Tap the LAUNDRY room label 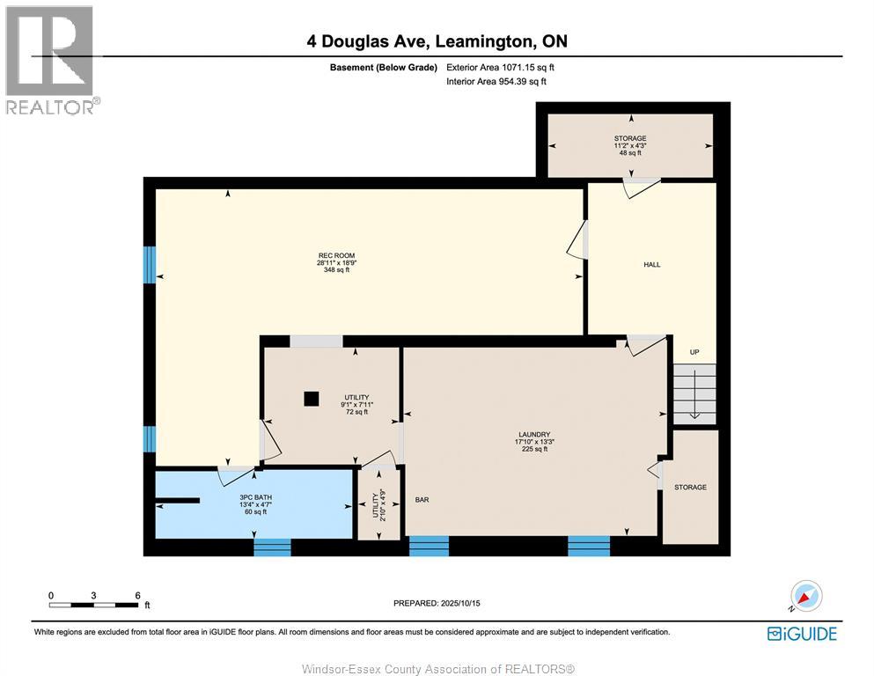(x=533, y=434)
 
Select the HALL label (x=651, y=264)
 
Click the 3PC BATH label (x=253, y=496)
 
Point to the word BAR (x=422, y=500)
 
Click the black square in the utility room (x=311, y=399)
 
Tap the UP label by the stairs (x=694, y=352)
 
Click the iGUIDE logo (x=801, y=633)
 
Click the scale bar (x=94, y=605)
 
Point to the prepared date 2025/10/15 (x=437, y=603)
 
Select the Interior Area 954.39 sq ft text (x=496, y=81)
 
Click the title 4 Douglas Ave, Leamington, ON (x=437, y=41)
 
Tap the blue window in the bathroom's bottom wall (x=272, y=547)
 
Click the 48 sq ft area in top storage (x=629, y=153)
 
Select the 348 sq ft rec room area (x=336, y=270)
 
